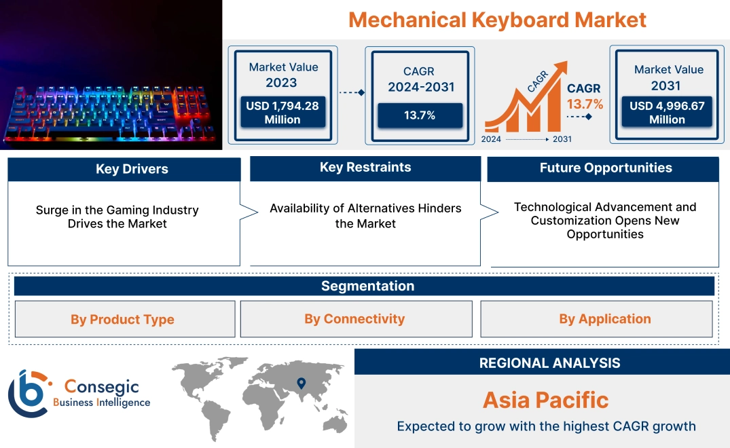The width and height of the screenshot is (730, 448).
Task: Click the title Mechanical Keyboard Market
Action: pos(497,20)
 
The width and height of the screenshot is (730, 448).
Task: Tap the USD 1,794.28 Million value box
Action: pos(282,112)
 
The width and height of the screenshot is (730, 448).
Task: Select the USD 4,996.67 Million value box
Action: pos(667,112)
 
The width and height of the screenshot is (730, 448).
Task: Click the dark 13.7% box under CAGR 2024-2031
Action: pos(420,115)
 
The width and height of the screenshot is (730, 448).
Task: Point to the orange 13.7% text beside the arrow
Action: pos(585,104)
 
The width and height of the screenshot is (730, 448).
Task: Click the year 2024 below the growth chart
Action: pos(492,139)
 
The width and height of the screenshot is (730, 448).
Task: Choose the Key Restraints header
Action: pos(365,168)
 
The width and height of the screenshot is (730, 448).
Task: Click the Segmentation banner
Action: pos(367,286)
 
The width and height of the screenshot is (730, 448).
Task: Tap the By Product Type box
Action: pos(122,319)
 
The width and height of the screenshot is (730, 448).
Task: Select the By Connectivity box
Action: pos(354,318)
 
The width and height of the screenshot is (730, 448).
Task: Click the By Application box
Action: pos(604,318)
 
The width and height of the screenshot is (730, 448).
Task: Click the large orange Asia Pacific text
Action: pos(545,400)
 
